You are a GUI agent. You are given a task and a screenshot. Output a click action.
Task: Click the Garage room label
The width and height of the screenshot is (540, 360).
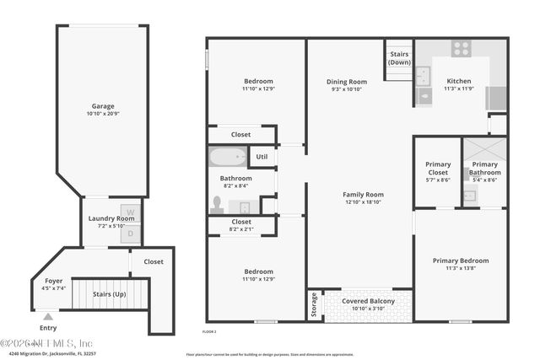[x=103, y=107]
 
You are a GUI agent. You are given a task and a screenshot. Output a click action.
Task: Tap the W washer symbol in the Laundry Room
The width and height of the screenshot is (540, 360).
[x=129, y=212]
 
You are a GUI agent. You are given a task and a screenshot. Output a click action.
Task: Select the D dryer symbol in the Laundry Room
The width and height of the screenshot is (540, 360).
[x=129, y=233]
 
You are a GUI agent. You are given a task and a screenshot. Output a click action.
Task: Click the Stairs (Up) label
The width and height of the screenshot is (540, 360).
[x=110, y=293]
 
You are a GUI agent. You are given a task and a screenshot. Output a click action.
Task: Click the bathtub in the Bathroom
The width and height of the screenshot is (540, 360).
[x=227, y=158]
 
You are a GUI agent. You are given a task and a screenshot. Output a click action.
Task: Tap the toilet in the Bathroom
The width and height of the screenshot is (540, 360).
[x=218, y=204]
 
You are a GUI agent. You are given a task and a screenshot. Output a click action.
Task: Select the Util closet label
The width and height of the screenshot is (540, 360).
[x=262, y=156]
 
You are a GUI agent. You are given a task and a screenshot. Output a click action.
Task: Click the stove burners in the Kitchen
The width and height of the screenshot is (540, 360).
[x=461, y=49]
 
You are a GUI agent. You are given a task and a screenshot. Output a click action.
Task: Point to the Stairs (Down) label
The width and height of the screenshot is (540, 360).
[x=400, y=58]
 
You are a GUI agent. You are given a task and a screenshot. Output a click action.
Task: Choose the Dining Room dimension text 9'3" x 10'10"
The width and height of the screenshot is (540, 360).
[x=346, y=89]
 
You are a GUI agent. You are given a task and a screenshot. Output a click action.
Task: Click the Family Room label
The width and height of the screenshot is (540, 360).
[x=364, y=195]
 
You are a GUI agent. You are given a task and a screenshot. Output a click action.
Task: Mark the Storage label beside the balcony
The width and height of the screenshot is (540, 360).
[x=315, y=304]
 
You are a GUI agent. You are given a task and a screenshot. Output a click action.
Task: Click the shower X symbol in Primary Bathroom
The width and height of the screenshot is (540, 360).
[x=485, y=151]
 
